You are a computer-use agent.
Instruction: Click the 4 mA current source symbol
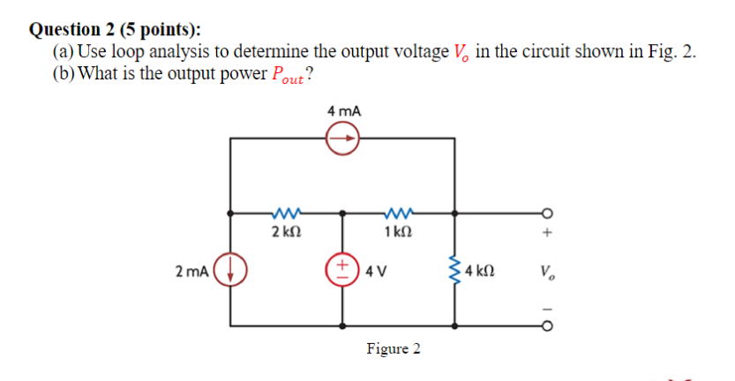point(343,138)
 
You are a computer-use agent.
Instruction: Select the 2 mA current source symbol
point(231,270)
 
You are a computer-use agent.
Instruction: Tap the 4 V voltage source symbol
point(343,269)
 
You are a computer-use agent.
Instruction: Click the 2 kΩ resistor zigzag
point(287,213)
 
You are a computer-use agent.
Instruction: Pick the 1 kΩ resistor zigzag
point(399,213)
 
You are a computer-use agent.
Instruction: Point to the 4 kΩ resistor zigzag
point(455,270)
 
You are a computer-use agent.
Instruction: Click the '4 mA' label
point(343,112)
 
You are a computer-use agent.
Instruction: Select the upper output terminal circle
point(547,213)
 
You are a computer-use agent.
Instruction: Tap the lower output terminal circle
point(547,325)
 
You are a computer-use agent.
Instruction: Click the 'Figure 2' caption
point(394,349)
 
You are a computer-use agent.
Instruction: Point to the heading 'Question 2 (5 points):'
point(115,29)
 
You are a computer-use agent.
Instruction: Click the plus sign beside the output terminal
point(547,234)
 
